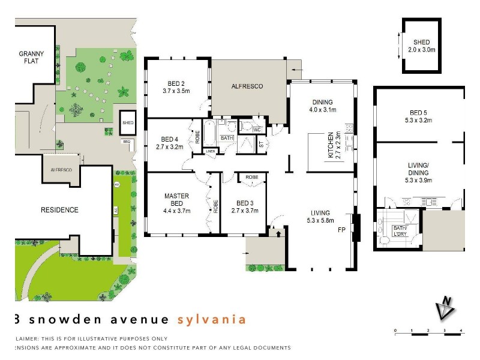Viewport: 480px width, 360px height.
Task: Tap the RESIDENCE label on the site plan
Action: click(x=59, y=210)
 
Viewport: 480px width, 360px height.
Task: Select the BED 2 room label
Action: click(x=176, y=88)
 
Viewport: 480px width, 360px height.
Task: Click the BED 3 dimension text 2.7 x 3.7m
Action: click(x=244, y=211)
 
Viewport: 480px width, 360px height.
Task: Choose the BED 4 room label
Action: click(x=170, y=139)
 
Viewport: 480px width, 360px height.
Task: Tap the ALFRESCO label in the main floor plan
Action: click(x=247, y=86)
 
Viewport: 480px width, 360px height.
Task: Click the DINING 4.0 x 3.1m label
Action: click(x=322, y=106)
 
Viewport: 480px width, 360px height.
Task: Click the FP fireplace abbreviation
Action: click(x=342, y=230)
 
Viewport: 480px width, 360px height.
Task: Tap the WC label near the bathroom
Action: click(x=256, y=128)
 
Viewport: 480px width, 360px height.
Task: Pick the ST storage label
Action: click(x=261, y=144)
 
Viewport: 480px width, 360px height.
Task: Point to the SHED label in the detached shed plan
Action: click(x=421, y=46)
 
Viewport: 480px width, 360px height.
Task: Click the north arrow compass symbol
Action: click(x=446, y=307)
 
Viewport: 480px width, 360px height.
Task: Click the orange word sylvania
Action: click(x=212, y=319)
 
